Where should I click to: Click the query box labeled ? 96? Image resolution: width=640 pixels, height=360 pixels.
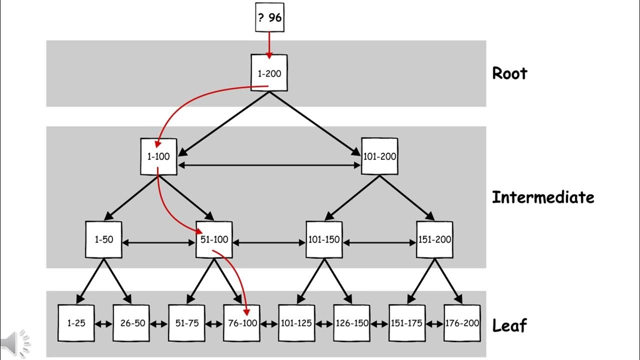click(270, 18)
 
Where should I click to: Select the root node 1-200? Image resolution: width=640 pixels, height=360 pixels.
click(269, 73)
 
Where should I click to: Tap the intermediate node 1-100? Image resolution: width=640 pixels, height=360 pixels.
click(158, 156)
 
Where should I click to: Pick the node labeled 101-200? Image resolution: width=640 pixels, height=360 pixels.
click(379, 156)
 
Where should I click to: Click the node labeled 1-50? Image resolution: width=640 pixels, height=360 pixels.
click(103, 239)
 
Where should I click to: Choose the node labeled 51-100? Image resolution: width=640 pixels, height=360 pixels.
click(214, 239)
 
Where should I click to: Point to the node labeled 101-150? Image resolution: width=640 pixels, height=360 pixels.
click(324, 239)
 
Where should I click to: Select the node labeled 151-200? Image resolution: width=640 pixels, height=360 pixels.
click(434, 239)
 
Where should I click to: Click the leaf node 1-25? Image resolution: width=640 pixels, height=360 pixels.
click(76, 323)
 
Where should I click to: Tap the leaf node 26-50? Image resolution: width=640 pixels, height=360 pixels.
click(131, 323)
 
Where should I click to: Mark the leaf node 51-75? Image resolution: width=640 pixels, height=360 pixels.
click(186, 323)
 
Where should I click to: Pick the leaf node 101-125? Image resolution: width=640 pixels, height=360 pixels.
click(296, 323)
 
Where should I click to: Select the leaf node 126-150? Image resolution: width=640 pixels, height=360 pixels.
click(351, 323)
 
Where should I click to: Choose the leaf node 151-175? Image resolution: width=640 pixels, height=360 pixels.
click(407, 323)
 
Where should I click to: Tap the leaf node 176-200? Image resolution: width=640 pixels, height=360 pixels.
click(462, 323)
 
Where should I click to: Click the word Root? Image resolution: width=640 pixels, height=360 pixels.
click(509, 73)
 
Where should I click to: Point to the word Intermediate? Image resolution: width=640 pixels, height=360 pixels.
click(543, 197)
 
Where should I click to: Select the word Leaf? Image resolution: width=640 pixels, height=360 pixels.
click(509, 326)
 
